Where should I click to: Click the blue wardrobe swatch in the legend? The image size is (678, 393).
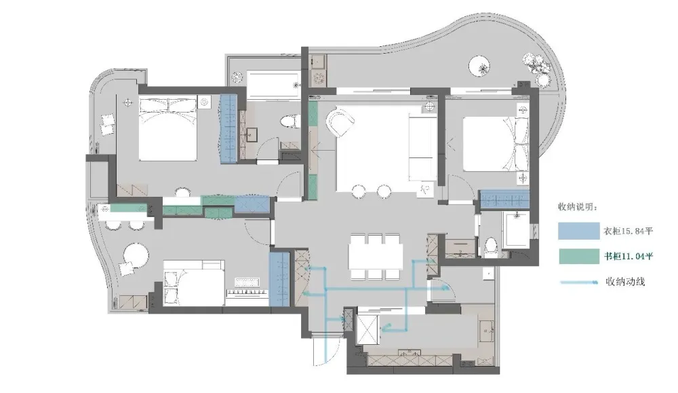[x=578, y=231]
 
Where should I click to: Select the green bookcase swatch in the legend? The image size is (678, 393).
[x=578, y=256]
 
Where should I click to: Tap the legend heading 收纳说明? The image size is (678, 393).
[x=578, y=207]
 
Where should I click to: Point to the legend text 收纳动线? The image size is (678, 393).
[x=625, y=282]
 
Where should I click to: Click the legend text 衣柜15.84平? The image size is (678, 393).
[x=628, y=231]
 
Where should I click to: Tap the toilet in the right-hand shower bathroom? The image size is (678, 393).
[x=491, y=246]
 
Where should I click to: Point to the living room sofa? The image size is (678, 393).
[x=422, y=147]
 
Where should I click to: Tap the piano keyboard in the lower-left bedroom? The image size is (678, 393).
[x=247, y=293]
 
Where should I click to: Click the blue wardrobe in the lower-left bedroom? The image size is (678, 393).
[x=279, y=279]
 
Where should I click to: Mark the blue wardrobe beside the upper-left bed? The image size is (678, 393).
[x=228, y=128]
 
